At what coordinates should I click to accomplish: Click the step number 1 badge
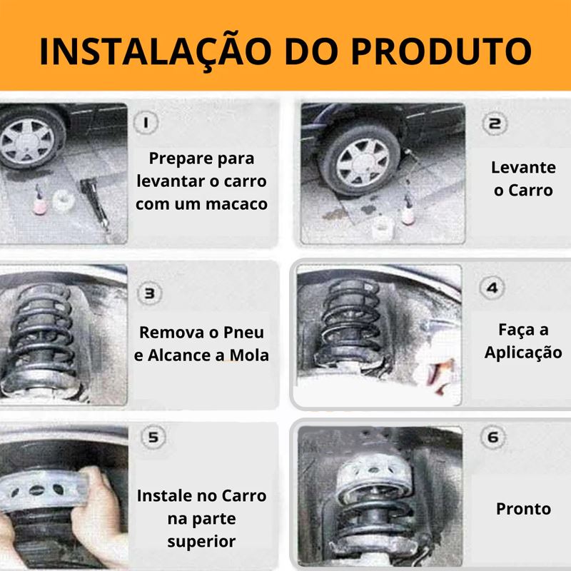[147, 123]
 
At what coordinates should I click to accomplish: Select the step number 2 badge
[492, 123]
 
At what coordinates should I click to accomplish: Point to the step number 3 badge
[148, 293]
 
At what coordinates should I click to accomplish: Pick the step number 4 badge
[492, 288]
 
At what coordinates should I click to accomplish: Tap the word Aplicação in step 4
[523, 352]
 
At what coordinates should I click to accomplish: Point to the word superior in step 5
[201, 540]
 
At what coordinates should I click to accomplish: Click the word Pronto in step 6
[523, 508]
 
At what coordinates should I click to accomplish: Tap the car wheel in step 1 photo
[29, 143]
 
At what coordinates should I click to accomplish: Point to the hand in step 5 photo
[93, 500]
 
